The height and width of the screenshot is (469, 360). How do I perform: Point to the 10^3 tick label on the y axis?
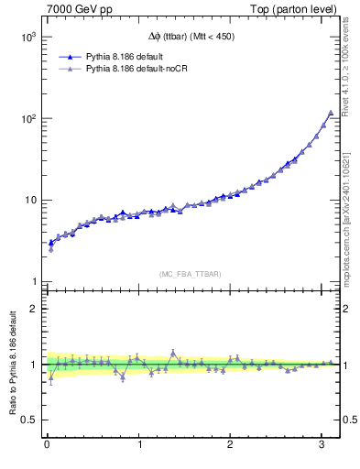[27, 38]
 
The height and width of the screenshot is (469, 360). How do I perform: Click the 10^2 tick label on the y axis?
[27, 119]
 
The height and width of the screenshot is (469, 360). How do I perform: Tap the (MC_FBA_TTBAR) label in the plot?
[190, 272]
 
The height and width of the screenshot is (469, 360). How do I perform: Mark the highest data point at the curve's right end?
[331, 113]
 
